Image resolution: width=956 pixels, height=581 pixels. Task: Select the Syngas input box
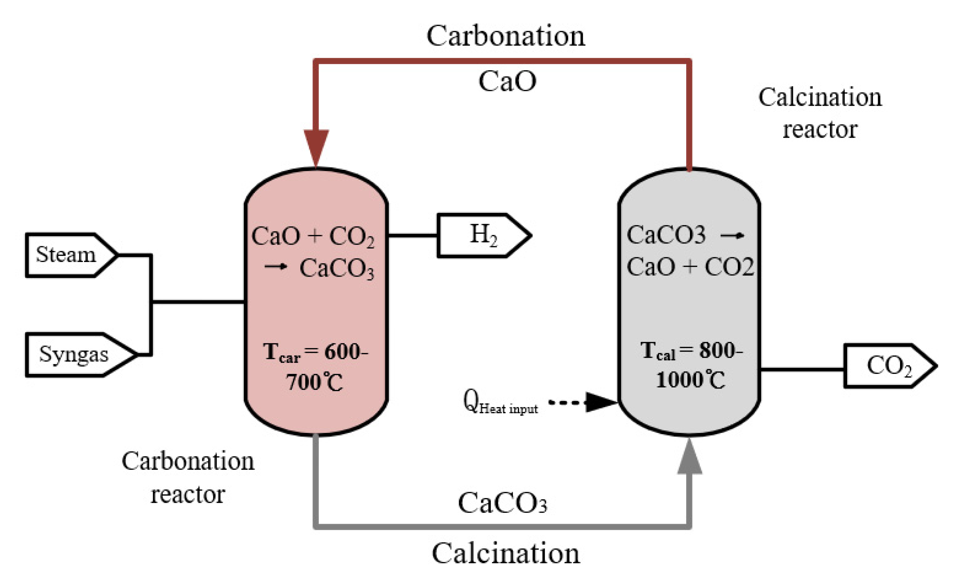coord(76,354)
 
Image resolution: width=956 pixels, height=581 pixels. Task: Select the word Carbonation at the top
coord(505,36)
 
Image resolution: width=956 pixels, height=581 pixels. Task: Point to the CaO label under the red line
coord(507,82)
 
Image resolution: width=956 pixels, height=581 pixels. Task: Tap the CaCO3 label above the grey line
coord(502,503)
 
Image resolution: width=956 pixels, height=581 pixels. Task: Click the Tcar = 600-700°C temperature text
coord(315,367)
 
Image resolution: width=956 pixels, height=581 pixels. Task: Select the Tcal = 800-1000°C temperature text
coord(691,365)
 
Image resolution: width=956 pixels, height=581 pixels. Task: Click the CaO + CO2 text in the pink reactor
coord(313,236)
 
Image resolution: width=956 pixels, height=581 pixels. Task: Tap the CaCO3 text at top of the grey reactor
coord(666,235)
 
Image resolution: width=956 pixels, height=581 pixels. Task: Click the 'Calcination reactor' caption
coord(819,113)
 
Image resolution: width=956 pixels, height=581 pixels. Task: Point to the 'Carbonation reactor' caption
coord(188,477)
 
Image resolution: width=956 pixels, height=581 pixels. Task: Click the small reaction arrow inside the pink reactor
coord(276,266)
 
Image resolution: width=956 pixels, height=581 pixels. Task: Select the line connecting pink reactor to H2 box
coord(413,235)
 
